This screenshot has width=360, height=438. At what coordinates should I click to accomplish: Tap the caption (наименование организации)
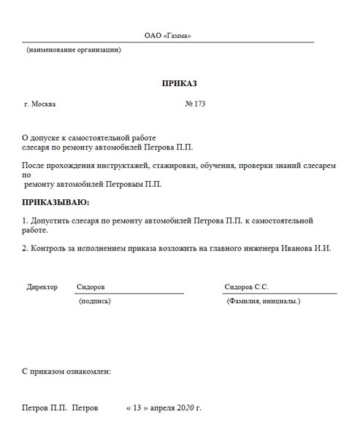point(74,50)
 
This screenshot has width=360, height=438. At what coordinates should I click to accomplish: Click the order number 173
point(199,104)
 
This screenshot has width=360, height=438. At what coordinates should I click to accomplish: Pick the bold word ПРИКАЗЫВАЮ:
point(56,201)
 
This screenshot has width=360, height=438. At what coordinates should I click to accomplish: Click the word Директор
point(42,287)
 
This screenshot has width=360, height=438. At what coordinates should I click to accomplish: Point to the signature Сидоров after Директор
point(91,287)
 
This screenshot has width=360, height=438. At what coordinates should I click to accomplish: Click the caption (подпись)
point(94,301)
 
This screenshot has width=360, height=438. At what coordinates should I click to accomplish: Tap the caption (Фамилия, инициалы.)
point(264,301)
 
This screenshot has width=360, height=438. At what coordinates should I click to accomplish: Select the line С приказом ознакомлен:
point(66,372)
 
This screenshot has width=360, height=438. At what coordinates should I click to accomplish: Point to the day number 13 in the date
point(137,407)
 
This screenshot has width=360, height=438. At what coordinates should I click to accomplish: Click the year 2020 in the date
point(186,407)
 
